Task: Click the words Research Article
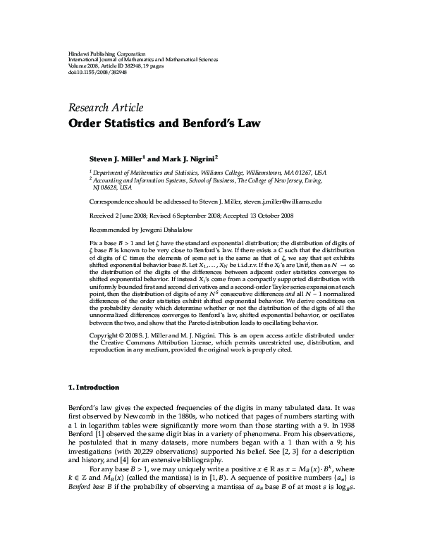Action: coord(105,108)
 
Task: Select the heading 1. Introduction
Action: coord(94,387)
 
